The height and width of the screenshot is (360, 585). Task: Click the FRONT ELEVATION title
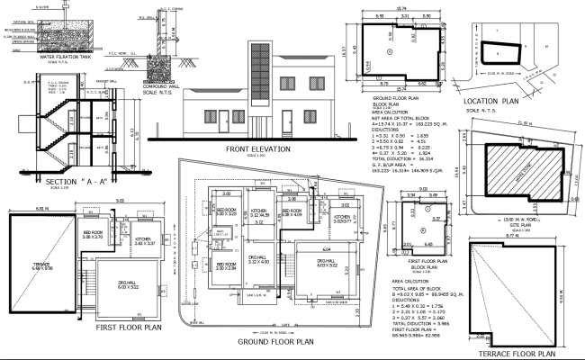point(258,148)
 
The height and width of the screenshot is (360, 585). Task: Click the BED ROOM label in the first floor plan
point(93,234)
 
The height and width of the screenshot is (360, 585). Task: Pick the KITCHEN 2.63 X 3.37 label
point(145,241)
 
